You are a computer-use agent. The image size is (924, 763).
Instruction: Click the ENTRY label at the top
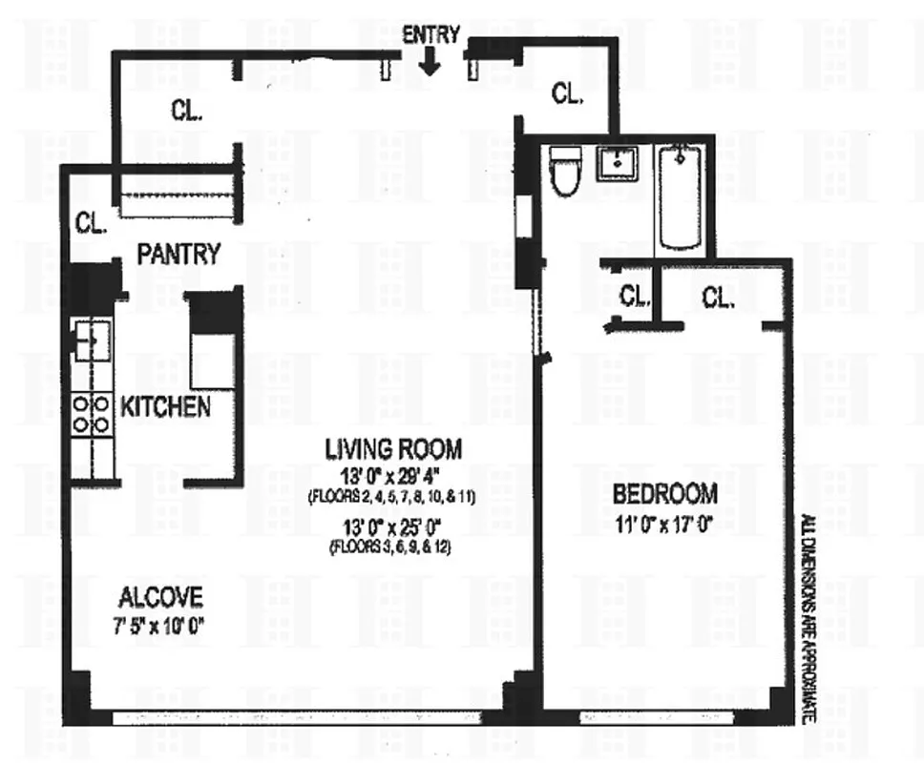[x=430, y=35]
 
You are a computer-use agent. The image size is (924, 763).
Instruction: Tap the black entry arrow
[x=430, y=63]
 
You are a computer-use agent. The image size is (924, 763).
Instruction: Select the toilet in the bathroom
[x=565, y=172]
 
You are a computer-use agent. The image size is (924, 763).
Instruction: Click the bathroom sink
[x=619, y=164]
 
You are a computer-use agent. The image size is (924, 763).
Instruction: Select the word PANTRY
[x=178, y=255]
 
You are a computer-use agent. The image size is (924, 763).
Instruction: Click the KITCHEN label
[x=165, y=407]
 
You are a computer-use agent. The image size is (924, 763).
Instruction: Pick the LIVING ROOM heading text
[x=393, y=448]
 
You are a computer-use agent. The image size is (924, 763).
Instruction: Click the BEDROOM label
[x=664, y=494]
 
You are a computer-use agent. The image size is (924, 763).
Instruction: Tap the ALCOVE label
[x=160, y=598]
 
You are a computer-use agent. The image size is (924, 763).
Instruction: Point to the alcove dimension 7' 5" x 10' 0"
[x=160, y=626]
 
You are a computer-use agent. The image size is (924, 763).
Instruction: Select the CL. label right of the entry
[x=567, y=93]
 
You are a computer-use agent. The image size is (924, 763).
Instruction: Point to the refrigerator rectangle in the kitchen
[x=212, y=360]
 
